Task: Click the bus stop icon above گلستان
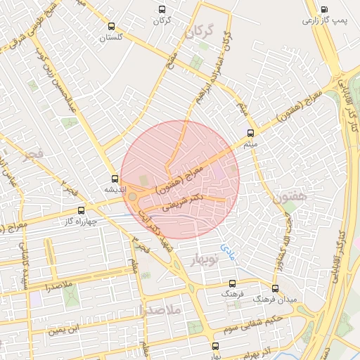111,27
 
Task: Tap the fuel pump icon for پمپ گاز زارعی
323,10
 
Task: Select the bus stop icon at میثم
251,132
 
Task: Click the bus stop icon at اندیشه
115,179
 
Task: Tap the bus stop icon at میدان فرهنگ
274,288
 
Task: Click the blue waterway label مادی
226,248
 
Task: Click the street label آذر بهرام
262,349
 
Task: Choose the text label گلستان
111,37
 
